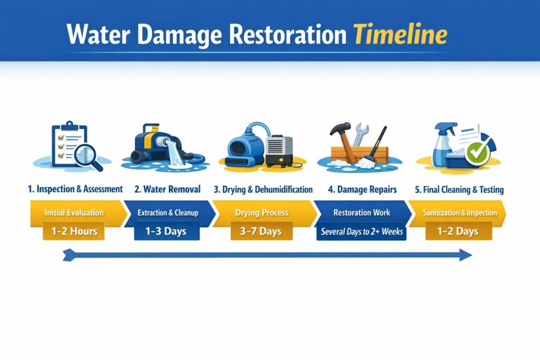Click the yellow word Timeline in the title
point(400,34)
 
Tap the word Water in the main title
point(100,34)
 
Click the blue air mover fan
point(246,145)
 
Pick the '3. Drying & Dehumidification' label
point(263,189)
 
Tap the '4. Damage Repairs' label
point(363,189)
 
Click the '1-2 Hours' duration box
point(74,231)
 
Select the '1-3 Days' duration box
point(168,231)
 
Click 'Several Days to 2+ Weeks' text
point(361,231)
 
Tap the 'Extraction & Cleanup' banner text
point(168,213)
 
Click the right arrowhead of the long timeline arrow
point(465,256)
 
